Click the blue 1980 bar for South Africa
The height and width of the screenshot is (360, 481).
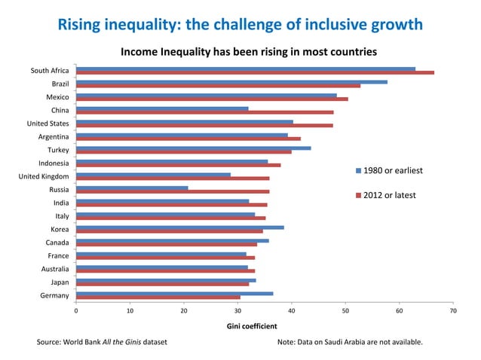click(245, 69)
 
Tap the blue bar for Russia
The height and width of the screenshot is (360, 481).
click(132, 188)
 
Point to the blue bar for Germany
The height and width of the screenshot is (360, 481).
click(174, 293)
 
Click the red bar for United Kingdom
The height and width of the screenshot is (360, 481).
click(173, 178)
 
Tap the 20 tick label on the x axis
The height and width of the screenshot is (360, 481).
click(184, 310)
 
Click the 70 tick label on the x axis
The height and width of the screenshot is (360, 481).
click(452, 310)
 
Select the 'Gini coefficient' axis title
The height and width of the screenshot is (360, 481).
click(252, 326)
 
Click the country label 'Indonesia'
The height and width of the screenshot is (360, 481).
click(54, 163)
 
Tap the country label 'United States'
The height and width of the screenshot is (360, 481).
click(48, 124)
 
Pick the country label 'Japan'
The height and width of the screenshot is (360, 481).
click(60, 282)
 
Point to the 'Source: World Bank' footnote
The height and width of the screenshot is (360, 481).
click(102, 343)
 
